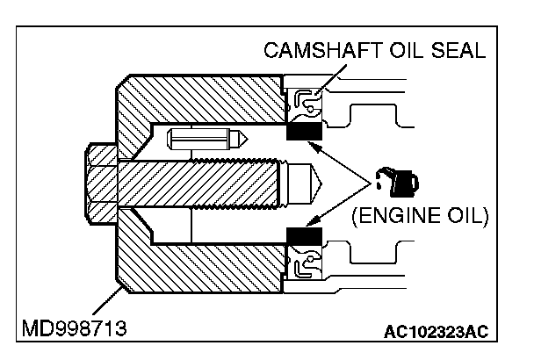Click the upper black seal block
(x=305, y=132)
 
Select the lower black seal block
(x=305, y=236)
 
